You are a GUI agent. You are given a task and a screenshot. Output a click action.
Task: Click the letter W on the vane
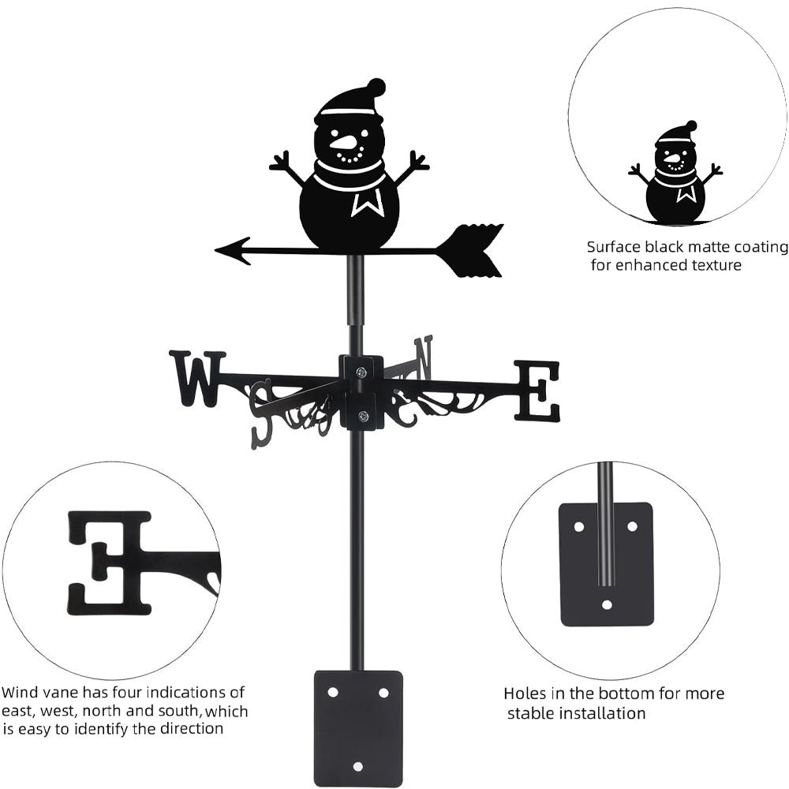[196, 379]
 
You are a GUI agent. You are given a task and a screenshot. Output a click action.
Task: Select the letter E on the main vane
[537, 391]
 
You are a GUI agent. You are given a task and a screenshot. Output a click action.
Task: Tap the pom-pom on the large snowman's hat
[377, 86]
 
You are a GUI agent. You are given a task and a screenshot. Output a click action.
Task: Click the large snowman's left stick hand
[282, 164]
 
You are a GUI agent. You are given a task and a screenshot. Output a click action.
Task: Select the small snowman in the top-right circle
[676, 174]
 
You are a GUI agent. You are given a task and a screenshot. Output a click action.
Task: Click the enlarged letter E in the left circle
[110, 562]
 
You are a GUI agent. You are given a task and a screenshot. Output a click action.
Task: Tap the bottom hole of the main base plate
[358, 766]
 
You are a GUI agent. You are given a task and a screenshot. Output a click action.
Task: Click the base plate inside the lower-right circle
[606, 564]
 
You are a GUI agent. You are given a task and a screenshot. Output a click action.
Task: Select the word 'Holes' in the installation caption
[525, 694]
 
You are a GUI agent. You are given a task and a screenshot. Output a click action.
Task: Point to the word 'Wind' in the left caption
[20, 693]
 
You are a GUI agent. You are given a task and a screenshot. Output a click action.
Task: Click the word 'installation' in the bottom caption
[599, 713]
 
